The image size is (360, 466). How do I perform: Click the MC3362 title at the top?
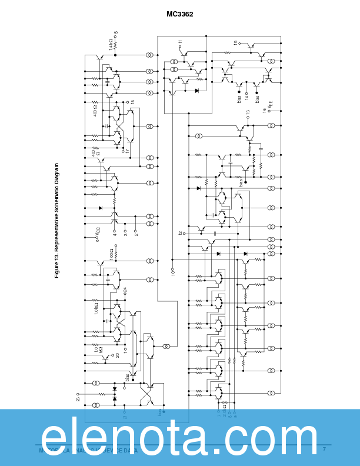tap(180, 14)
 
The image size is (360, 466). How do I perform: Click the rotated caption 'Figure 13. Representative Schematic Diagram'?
tap(57, 221)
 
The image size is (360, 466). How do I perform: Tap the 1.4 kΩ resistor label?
tap(110, 43)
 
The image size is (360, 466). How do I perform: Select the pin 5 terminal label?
tap(116, 33)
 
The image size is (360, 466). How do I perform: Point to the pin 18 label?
tap(132, 102)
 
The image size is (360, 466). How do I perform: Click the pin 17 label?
tap(127, 151)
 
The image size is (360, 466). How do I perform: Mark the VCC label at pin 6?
tap(98, 234)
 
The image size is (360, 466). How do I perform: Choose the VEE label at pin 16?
tap(270, 105)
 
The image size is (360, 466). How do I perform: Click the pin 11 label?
tap(180, 42)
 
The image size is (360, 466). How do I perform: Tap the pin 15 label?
tap(236, 43)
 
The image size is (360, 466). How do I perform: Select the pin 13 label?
tap(248, 112)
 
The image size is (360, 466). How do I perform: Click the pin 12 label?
tap(181, 234)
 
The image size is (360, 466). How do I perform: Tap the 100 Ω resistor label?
tap(111, 254)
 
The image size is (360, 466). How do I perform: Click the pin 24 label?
tap(125, 290)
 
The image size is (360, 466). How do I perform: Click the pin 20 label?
tap(117, 355)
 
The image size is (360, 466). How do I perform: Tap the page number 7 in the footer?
tap(324, 449)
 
